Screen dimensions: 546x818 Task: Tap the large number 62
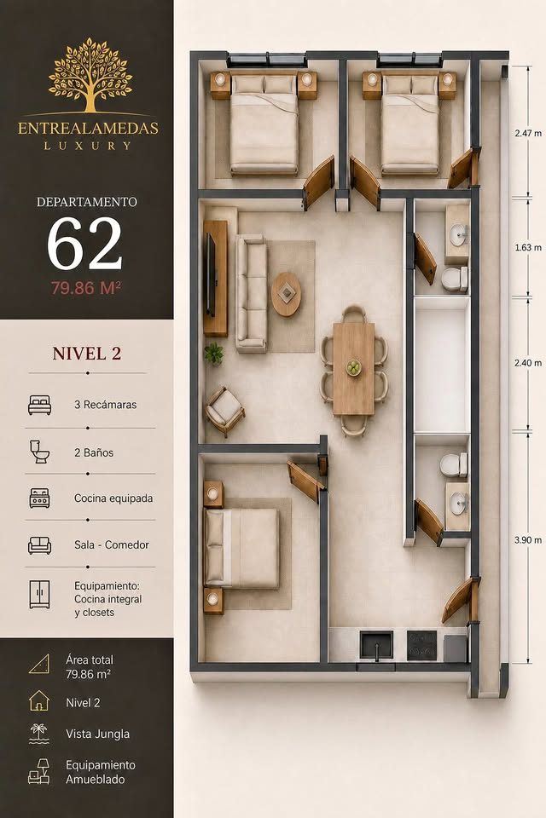click(85, 243)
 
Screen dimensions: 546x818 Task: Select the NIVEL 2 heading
click(87, 353)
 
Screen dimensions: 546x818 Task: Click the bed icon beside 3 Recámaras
click(40, 405)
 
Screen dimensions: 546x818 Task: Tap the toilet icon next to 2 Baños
click(39, 452)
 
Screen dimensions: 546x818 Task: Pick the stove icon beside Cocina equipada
click(40, 498)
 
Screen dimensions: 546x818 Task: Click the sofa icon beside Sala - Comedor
click(40, 545)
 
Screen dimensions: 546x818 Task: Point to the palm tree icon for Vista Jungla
click(38, 733)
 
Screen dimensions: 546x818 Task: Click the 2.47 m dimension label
click(528, 133)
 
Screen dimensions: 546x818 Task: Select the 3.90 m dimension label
click(528, 540)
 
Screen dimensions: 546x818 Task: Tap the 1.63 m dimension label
click(528, 247)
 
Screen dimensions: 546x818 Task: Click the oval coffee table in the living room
click(287, 294)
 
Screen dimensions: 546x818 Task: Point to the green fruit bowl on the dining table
click(355, 368)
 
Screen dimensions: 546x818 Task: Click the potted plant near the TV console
click(213, 354)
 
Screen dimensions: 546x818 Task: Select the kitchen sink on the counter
click(376, 646)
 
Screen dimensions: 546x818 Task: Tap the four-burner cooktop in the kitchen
click(421, 646)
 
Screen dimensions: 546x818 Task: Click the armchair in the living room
click(224, 411)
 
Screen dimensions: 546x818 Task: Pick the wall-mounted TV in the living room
click(210, 274)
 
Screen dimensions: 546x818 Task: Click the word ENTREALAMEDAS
click(88, 129)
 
